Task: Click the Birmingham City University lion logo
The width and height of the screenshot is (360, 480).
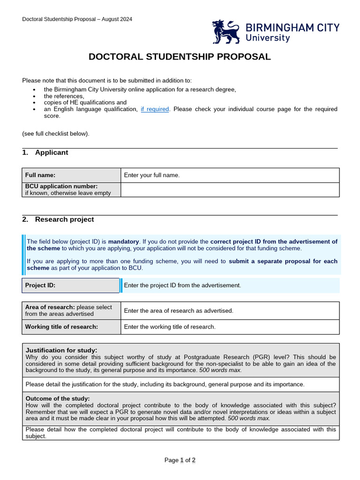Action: [226, 31]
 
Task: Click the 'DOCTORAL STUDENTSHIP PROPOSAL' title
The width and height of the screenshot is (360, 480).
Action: [180, 57]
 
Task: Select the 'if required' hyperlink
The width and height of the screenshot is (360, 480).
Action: [155, 109]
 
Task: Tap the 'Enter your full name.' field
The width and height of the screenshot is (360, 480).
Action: [230, 175]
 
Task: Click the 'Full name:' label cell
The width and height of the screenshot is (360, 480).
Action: [71, 175]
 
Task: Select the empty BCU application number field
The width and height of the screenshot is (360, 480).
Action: [230, 190]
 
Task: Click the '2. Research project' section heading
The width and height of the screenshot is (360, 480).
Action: [58, 219]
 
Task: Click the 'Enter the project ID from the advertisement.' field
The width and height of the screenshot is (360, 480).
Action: [230, 285]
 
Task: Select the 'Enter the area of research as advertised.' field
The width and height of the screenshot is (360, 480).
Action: [230, 311]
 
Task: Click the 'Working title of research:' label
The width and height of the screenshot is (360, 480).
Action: [62, 327]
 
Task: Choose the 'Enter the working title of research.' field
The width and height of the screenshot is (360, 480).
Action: [230, 327]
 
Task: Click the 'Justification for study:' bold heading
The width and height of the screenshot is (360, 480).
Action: [61, 350]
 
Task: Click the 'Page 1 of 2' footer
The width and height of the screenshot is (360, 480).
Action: [180, 460]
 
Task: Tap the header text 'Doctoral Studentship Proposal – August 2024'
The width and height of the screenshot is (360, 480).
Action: [77, 19]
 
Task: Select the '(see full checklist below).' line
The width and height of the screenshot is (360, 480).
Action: [56, 134]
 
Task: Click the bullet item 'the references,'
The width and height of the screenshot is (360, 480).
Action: [64, 96]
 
